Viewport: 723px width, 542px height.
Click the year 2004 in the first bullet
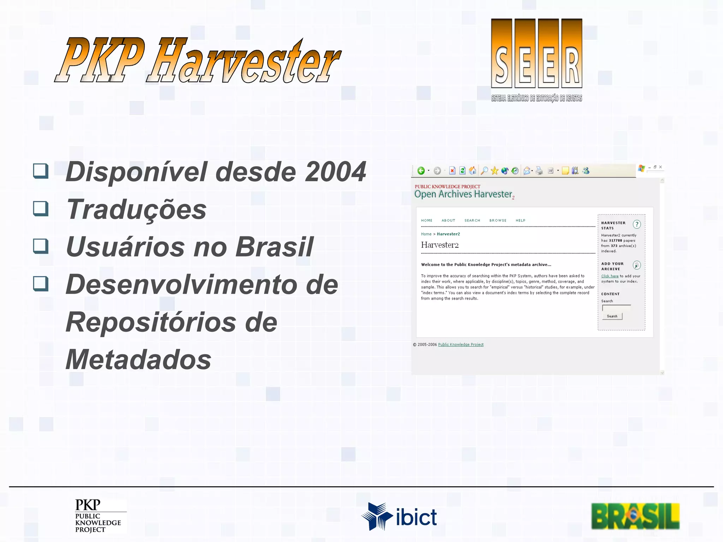pyautogui.click(x=335, y=172)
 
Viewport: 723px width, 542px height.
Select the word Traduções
pyautogui.click(x=136, y=209)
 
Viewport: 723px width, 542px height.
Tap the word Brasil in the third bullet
pyautogui.click(x=274, y=247)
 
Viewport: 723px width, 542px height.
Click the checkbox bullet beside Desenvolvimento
pyautogui.click(x=41, y=283)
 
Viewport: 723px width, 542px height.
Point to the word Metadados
pyautogui.click(x=138, y=360)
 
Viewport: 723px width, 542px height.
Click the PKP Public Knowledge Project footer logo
pyautogui.click(x=98, y=516)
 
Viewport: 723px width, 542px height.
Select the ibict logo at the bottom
pyautogui.click(x=399, y=517)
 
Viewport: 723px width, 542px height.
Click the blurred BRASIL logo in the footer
pyautogui.click(x=635, y=516)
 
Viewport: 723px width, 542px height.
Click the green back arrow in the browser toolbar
pyautogui.click(x=421, y=171)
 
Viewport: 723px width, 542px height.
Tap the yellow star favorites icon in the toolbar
pyautogui.click(x=494, y=171)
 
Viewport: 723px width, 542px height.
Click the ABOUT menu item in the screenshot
pyautogui.click(x=448, y=221)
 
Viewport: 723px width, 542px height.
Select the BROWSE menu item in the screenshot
pyautogui.click(x=498, y=221)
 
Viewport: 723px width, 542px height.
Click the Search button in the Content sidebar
pyautogui.click(x=612, y=316)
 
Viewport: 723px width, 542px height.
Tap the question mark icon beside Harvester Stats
pyautogui.click(x=637, y=224)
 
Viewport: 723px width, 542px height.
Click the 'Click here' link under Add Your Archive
pyautogui.click(x=610, y=276)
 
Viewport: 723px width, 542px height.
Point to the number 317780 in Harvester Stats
pyautogui.click(x=615, y=241)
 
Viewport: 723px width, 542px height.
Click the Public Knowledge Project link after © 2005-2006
pyautogui.click(x=461, y=345)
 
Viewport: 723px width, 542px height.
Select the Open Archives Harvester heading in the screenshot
pyautogui.click(x=463, y=194)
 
